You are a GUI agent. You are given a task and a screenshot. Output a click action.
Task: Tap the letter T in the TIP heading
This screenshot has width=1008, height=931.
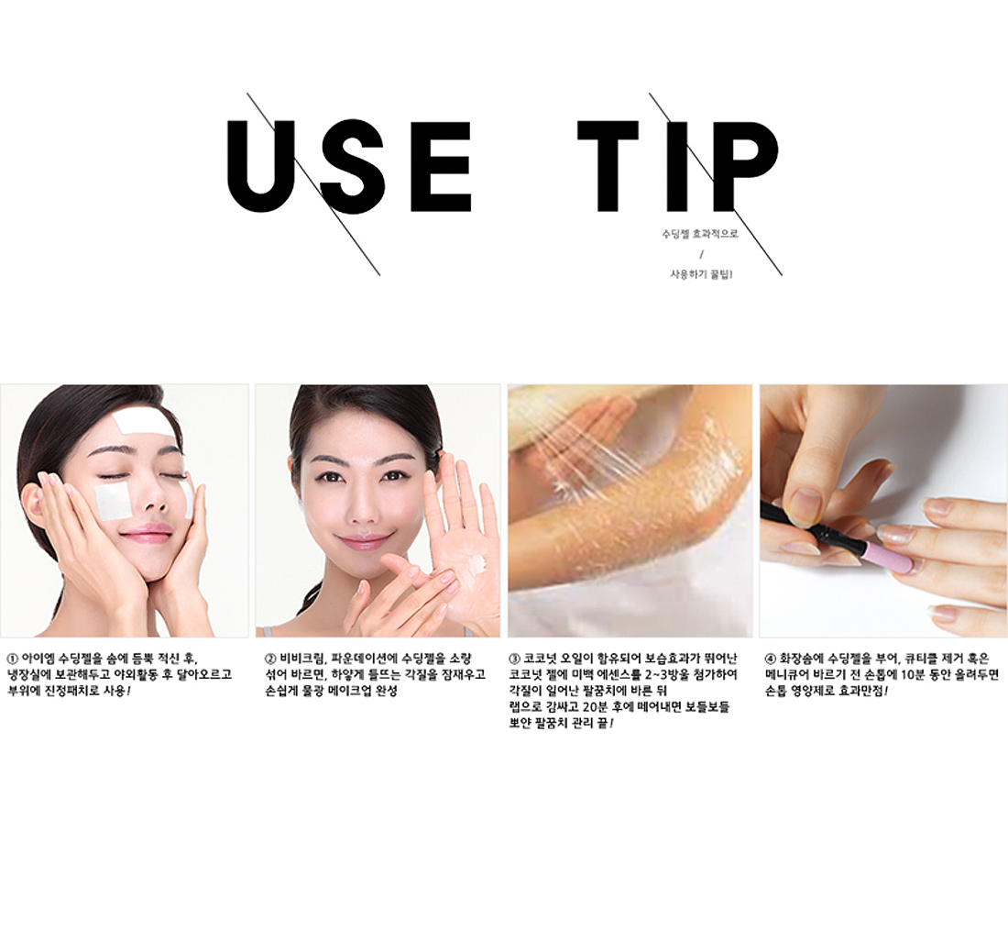click(608, 166)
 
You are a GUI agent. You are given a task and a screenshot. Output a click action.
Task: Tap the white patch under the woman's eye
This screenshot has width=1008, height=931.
click(113, 502)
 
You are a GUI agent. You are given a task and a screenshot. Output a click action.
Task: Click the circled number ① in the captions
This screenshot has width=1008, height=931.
click(12, 659)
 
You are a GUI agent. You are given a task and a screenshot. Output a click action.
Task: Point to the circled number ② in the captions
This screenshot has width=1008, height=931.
click(270, 659)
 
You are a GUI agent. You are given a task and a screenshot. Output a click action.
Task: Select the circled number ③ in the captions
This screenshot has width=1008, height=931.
click(514, 659)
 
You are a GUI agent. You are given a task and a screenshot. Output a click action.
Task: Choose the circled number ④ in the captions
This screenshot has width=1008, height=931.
click(770, 659)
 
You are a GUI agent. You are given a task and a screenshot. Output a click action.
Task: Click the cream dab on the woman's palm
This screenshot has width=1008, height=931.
click(477, 566)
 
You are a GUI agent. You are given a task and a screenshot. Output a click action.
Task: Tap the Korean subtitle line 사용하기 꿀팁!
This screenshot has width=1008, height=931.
click(701, 274)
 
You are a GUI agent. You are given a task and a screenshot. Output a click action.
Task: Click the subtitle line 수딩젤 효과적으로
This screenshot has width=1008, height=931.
click(700, 234)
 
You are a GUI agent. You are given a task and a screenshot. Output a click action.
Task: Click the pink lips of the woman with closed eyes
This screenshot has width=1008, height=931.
click(147, 534)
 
